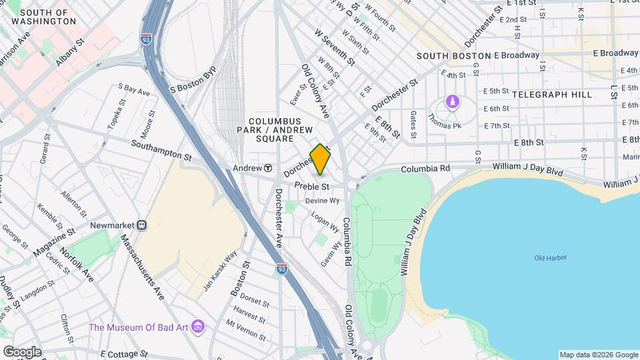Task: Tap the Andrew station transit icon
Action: (x=267, y=168)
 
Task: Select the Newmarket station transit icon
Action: (x=142, y=225)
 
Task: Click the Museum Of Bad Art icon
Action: (x=198, y=327)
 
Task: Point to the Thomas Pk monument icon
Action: (x=453, y=103)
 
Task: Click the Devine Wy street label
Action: (x=323, y=200)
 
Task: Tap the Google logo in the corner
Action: (x=22, y=351)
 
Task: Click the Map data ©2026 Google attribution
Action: (x=598, y=355)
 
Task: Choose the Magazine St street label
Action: (x=57, y=241)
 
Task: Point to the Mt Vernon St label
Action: (x=246, y=331)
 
